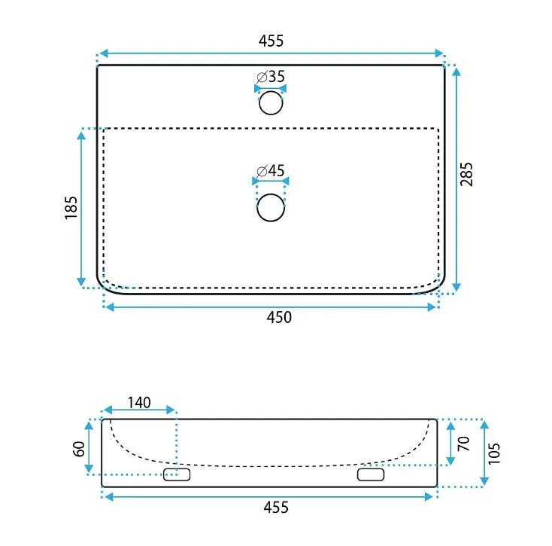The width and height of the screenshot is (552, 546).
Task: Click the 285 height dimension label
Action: coord(466,174)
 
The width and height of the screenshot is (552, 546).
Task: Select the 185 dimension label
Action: coord(71,208)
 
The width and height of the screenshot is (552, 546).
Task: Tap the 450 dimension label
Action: coord(279,317)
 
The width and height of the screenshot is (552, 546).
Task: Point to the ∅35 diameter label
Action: coord(271,77)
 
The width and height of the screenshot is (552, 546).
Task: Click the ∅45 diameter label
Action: coord(271,171)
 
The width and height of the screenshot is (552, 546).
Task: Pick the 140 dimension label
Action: coord(139,403)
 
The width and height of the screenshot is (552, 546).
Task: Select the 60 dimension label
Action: coord(79,449)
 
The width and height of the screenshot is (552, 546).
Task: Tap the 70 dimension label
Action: coord(463,444)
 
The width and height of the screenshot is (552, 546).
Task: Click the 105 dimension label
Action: coord(494,453)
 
